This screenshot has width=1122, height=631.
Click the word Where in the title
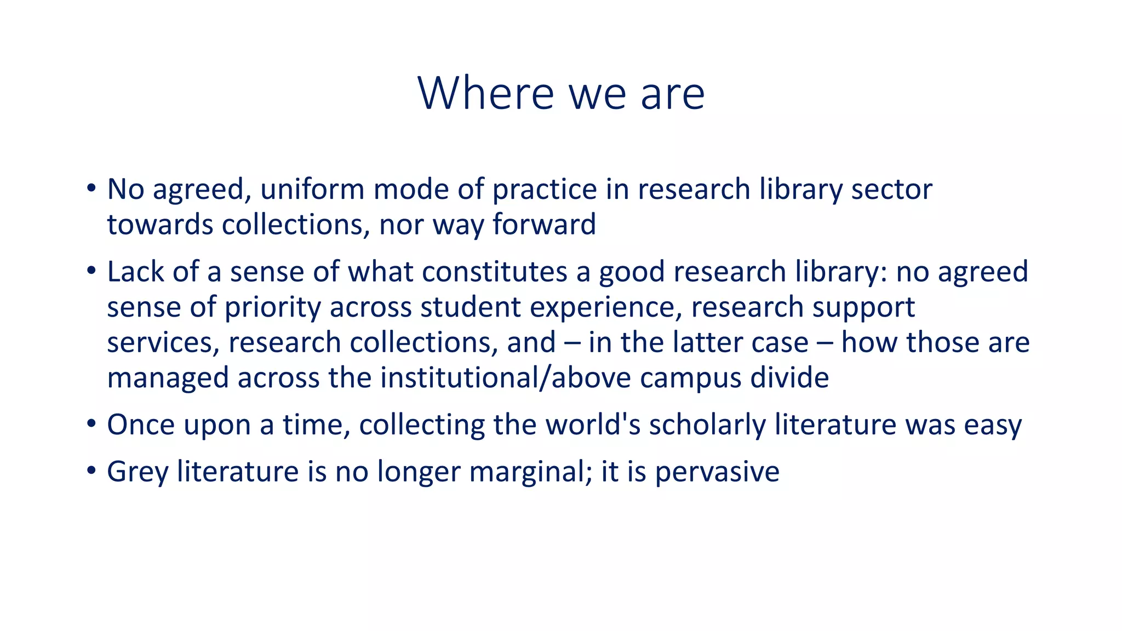486,94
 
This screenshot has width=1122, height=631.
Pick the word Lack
135,272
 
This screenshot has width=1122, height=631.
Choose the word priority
273,308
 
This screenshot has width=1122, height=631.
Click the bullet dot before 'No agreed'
91,190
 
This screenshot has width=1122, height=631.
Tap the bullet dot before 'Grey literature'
91,472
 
